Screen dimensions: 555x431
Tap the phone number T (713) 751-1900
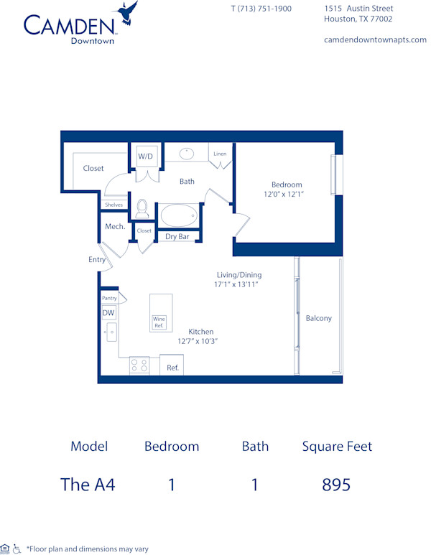coord(261,9)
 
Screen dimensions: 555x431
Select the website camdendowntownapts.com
coord(375,39)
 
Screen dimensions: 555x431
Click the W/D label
coord(145,156)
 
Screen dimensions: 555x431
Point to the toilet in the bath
coord(142,208)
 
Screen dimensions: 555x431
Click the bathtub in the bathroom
coord(179,215)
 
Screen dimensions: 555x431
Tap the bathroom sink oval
coord(187,153)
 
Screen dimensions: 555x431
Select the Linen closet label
coord(220,154)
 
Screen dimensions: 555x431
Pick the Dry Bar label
coord(177,236)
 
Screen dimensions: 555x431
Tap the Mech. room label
coord(115,227)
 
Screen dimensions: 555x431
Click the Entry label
coord(97,260)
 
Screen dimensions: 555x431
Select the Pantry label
coord(109,298)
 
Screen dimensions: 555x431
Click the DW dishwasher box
coord(108,313)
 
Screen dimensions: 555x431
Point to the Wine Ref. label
coord(159,322)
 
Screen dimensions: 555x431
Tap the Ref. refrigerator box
coord(172,367)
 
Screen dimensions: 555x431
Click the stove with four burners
coord(139,366)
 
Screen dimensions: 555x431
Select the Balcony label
coord(318,318)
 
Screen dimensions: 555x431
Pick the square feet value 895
coord(336,484)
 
